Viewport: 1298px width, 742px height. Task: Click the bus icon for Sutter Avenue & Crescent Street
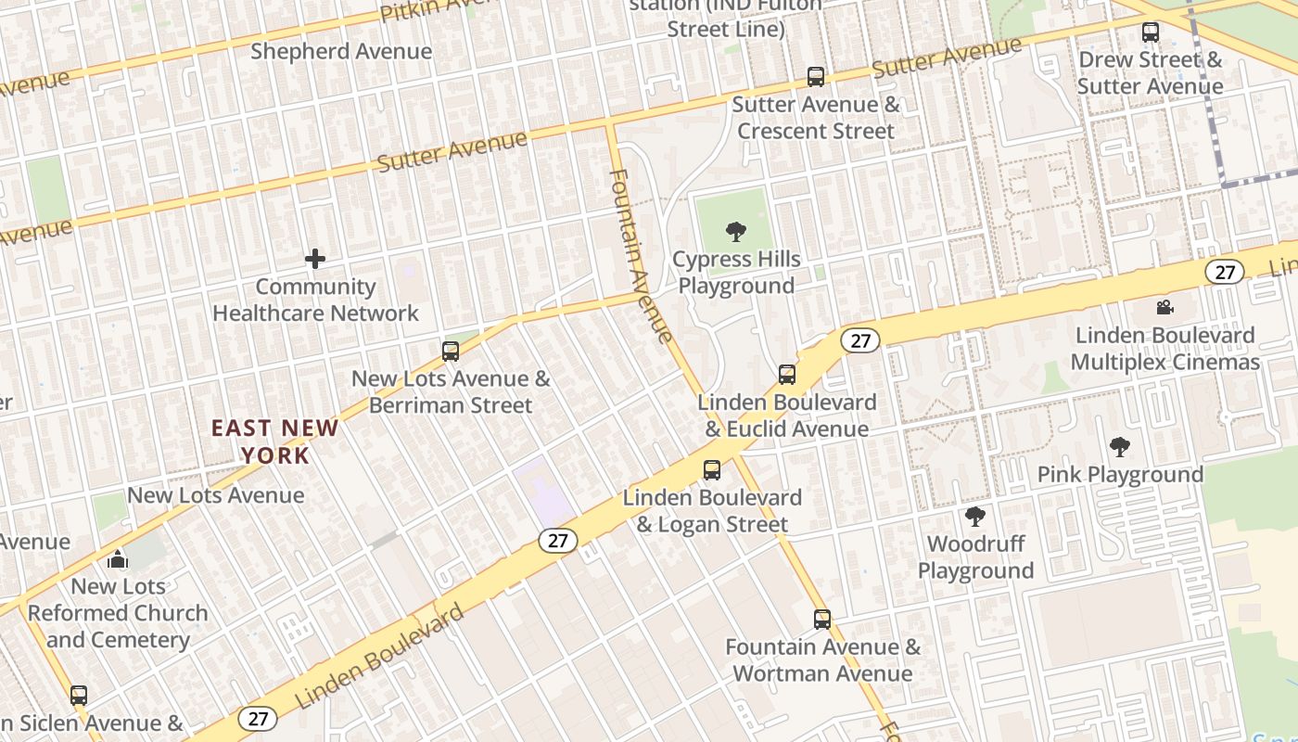816,77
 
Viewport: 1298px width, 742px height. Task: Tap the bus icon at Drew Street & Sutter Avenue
1151,32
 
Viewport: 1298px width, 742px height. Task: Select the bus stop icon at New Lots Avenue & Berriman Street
451,352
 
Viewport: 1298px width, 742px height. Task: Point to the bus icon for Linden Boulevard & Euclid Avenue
787,375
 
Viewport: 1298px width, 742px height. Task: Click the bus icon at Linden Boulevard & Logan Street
712,470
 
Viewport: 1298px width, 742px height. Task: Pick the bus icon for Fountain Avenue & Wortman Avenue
822,620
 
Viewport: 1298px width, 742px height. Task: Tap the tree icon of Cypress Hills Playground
736,231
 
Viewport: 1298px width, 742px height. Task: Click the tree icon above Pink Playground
1120,447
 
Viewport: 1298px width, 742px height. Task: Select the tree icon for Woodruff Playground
974,517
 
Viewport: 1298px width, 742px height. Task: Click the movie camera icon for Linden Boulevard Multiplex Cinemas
1165,307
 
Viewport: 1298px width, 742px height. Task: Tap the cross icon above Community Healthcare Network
315,259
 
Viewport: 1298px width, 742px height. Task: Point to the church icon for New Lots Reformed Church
118,559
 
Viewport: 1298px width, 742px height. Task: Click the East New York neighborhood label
274,441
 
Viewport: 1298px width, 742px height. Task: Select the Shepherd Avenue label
341,51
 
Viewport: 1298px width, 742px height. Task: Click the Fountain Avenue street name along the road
640,255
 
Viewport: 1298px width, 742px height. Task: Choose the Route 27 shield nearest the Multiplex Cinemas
1224,272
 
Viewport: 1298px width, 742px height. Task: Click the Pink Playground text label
1120,475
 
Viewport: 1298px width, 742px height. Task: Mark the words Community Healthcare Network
315,301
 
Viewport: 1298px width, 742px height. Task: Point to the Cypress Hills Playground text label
736,273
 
